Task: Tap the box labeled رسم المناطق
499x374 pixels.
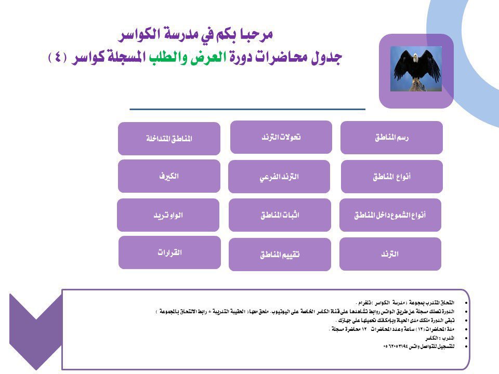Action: [x=391, y=138]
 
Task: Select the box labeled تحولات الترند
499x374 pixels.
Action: [x=281, y=137]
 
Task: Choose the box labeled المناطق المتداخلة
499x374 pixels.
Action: [x=169, y=139]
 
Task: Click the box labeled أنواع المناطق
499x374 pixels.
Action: [x=391, y=177]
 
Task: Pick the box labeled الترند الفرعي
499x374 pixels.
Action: [x=279, y=177]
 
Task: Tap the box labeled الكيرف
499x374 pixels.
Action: [x=169, y=176]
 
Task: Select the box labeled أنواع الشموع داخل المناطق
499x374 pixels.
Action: [x=390, y=215]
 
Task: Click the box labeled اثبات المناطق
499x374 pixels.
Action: [x=280, y=215]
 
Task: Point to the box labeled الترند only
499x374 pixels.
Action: [x=390, y=254]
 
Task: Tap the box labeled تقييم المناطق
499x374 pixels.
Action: [x=280, y=255]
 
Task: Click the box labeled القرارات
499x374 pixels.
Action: [x=169, y=252]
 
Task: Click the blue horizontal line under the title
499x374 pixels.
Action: [x=247, y=109]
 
